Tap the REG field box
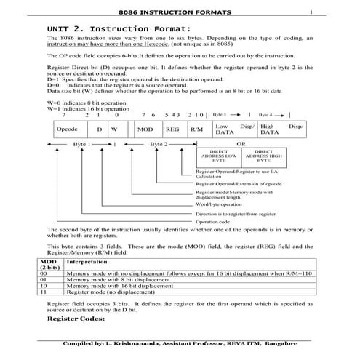coord(172,129)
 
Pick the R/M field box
coord(196,129)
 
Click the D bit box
coord(99,129)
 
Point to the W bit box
coord(114,129)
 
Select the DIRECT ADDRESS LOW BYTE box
coord(218,156)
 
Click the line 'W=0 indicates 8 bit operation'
coord(87,103)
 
